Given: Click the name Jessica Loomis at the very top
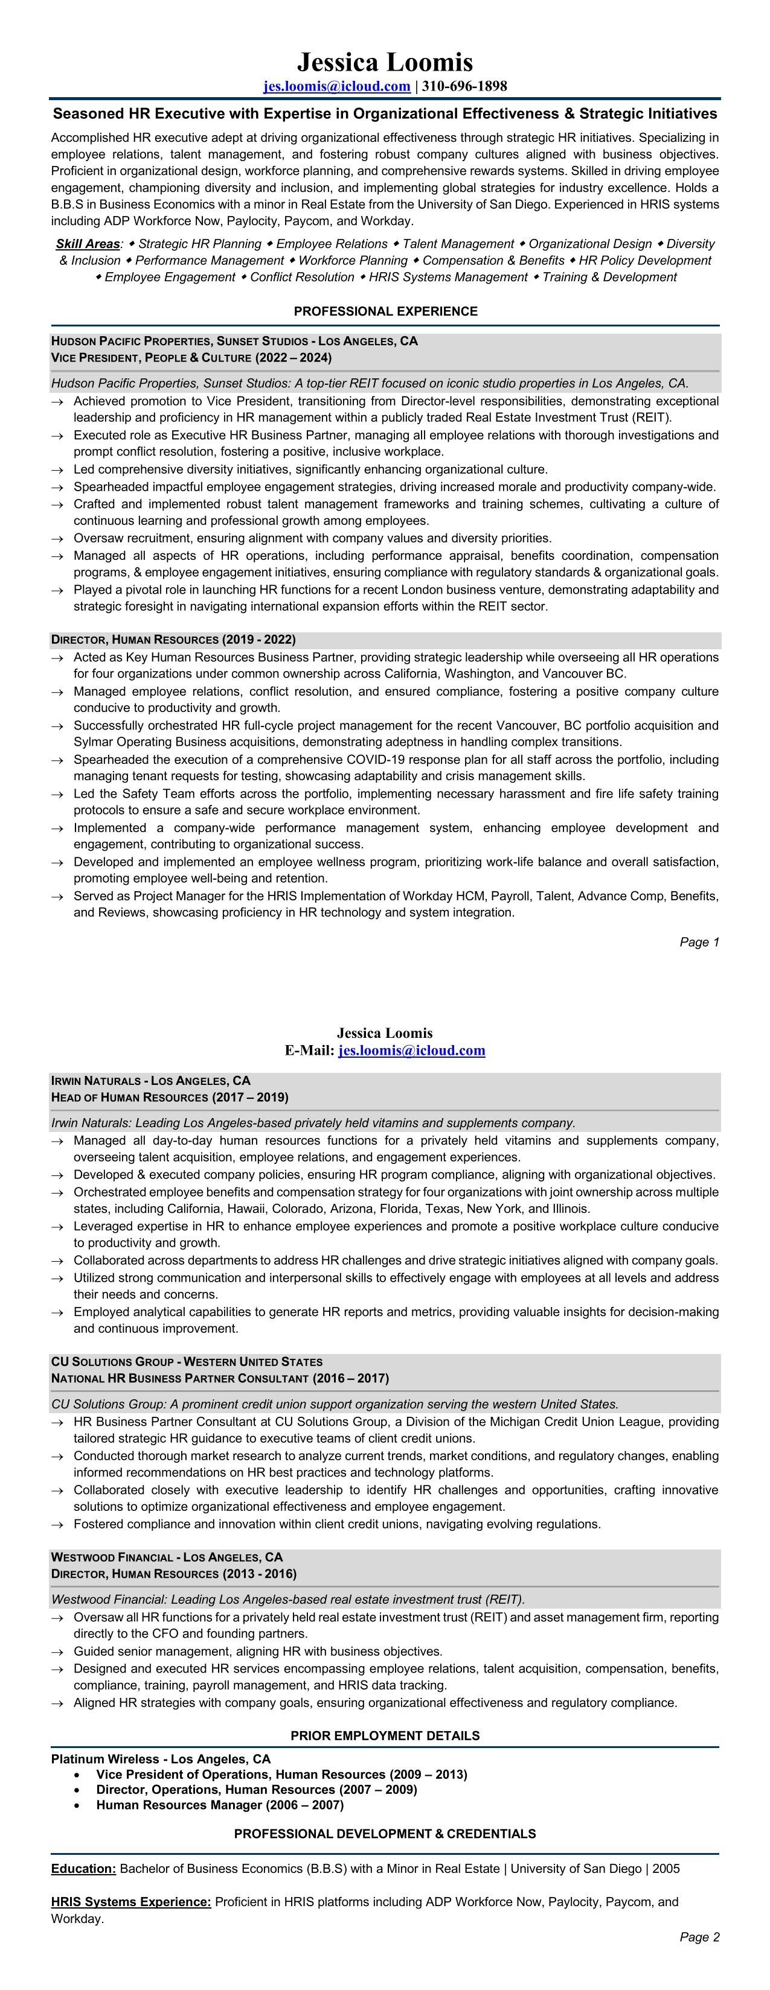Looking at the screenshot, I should click(385, 62).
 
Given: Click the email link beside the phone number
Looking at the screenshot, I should click(336, 86).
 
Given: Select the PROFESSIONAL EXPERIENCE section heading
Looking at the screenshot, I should click(385, 311).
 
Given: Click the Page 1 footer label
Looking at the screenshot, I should click(699, 942).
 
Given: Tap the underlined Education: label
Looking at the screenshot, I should click(83, 1869).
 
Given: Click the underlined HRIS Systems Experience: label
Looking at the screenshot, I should click(130, 1902).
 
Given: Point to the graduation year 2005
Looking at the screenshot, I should click(666, 1869).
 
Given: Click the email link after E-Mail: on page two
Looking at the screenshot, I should click(411, 1050).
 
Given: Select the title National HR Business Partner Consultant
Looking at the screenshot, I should click(180, 1378).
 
